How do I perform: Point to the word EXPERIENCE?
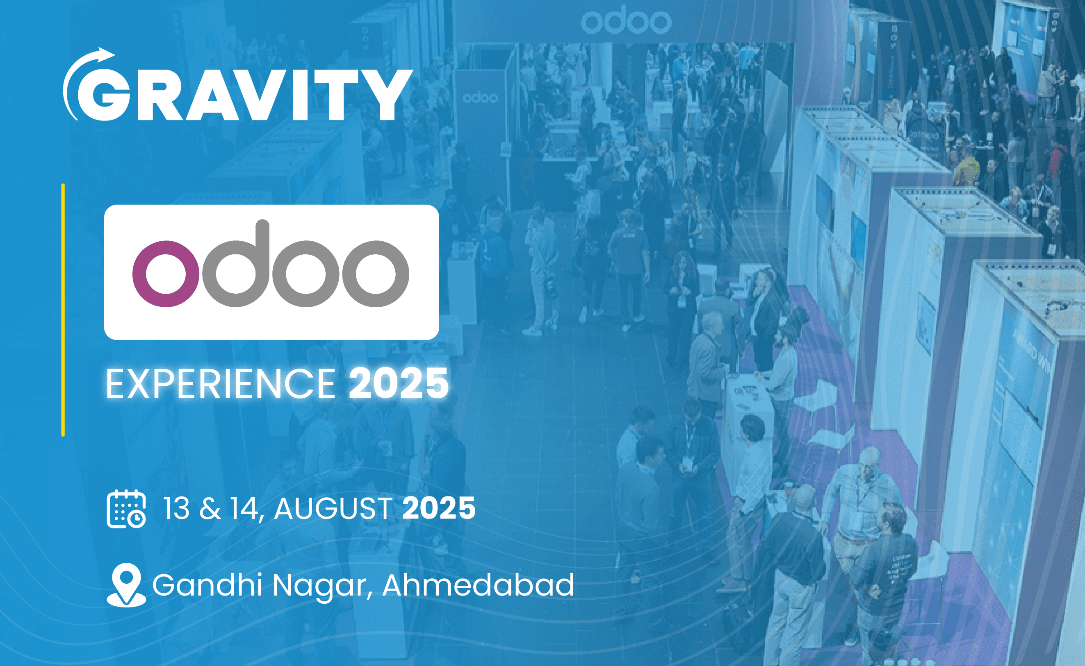[221, 384]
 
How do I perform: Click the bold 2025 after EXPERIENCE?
[399, 384]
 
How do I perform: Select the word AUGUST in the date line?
[333, 508]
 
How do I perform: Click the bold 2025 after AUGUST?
[439, 508]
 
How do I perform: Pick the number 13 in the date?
[177, 508]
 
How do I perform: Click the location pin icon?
[127, 585]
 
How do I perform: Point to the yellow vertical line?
[63, 310]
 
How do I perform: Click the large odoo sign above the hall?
[626, 22]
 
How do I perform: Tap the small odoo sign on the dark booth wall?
[480, 97]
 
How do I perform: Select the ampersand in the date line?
[210, 509]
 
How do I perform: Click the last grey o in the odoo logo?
[376, 274]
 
